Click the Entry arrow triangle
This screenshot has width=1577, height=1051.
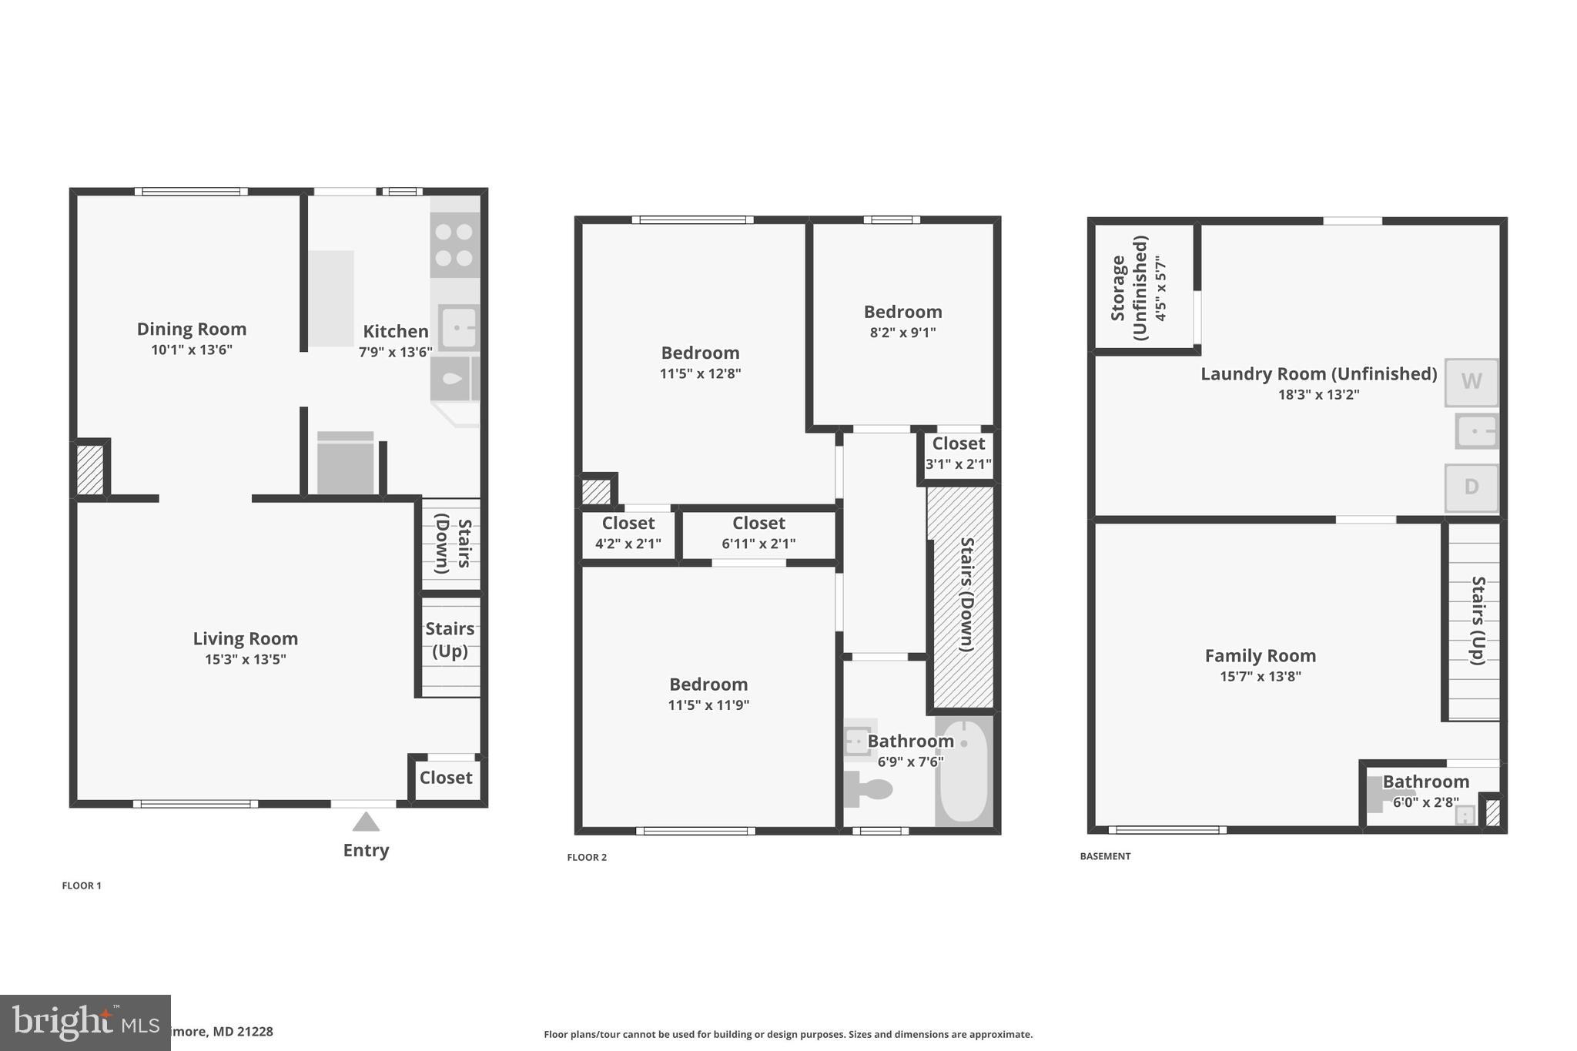366,822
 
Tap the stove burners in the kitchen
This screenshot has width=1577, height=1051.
454,244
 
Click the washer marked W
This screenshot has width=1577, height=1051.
1471,382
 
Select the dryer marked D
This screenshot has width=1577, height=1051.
1471,487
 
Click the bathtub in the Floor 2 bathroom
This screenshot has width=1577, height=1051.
963,772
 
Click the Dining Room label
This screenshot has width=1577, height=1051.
192,329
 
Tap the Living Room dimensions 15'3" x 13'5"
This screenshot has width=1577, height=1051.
245,659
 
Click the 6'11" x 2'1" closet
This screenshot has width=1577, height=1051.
758,533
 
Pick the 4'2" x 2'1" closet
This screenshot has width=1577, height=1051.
628,533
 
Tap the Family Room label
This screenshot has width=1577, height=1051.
1260,656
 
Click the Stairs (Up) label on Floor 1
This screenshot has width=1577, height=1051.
450,640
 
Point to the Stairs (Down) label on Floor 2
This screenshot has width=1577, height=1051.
966,594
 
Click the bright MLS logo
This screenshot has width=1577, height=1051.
85,1023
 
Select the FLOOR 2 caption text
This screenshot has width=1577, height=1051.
587,857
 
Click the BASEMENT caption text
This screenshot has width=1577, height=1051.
1105,856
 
